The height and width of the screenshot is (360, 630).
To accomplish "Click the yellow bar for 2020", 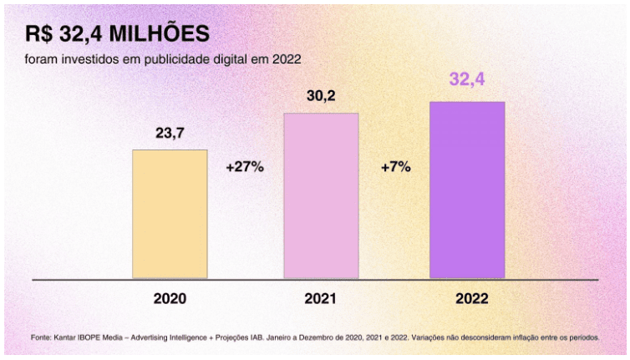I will coord(170,214).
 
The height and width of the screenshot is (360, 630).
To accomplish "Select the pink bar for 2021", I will coord(321,195).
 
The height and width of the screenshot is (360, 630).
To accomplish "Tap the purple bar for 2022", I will coord(467,190).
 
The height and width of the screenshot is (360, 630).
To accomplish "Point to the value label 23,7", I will coord(170,133).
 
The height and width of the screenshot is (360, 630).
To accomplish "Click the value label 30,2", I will coord(321,96).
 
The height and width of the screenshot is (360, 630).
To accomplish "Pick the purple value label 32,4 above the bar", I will coord(467,81).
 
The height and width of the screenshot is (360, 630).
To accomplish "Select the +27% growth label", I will coord(245,167).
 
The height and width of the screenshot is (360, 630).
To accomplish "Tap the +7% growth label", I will coord(395,167).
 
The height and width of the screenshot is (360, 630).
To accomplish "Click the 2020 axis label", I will coord(170,298).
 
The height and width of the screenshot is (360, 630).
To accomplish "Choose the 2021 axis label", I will coord(321,298).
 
